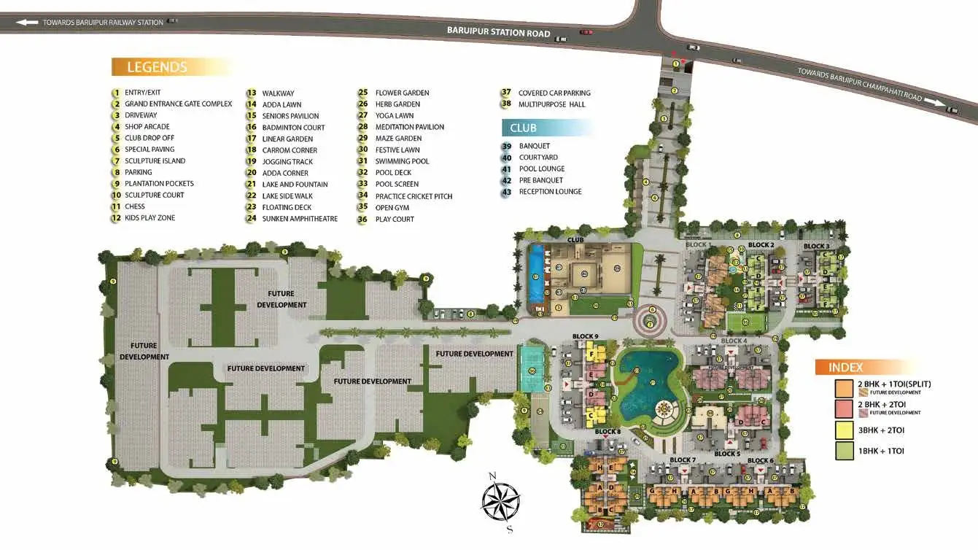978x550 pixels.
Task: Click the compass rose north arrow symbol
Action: pos(501,500)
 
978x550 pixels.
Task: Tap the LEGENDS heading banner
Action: pos(157,67)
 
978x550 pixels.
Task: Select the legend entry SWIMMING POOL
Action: pos(402,161)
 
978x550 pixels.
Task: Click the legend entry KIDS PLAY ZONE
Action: pos(150,218)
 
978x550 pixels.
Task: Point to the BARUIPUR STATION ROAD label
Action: pos(499,32)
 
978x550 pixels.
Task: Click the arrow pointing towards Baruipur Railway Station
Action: pos(27,23)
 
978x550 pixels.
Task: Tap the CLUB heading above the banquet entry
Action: pos(523,128)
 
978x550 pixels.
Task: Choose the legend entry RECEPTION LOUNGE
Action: pos(550,192)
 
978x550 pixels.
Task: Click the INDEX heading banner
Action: pos(846,368)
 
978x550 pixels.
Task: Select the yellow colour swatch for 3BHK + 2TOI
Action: pos(845,430)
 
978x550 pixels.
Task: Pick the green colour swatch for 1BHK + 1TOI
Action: pos(845,451)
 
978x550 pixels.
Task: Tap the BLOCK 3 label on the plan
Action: pos(816,247)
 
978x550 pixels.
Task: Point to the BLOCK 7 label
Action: pos(683,460)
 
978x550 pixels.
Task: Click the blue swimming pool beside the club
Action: pos(537,276)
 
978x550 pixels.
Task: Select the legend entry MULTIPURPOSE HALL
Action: pos(551,104)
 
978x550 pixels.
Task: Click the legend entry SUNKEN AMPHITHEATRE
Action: pos(300,219)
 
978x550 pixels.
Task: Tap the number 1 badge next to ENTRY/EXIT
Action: pos(115,93)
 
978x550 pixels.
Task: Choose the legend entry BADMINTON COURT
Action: pos(293,128)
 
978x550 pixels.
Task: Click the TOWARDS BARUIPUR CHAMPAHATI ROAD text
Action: pos(861,85)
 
